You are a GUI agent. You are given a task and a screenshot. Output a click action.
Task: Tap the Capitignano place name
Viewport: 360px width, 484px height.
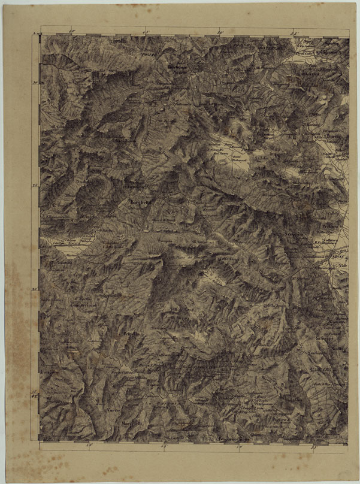tap(322, 51)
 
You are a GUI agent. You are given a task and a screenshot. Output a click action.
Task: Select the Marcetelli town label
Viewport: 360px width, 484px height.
tap(134, 426)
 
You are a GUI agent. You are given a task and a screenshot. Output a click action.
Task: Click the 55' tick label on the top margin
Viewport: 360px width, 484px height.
tap(294, 31)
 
